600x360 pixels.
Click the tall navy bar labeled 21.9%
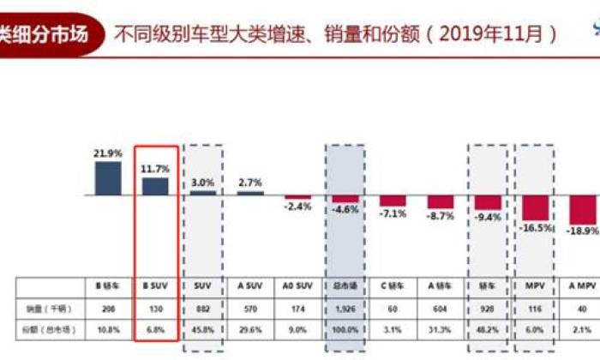point(108,177)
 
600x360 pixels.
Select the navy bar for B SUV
point(155,186)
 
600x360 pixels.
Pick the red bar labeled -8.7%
point(441,202)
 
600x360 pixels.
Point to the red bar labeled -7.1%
point(393,201)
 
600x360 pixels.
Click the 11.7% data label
point(155,170)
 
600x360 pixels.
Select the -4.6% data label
point(345,209)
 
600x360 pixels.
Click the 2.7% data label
point(250,183)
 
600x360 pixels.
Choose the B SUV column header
point(155,285)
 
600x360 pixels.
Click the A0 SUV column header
point(298,285)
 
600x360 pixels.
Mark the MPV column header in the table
point(535,285)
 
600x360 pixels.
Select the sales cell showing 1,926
point(345,306)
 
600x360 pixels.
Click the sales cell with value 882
point(203,306)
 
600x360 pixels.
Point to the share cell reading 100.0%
point(345,328)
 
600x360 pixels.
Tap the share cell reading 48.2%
point(488,328)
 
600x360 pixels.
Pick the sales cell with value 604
point(441,306)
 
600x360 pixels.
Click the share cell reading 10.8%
point(108,328)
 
